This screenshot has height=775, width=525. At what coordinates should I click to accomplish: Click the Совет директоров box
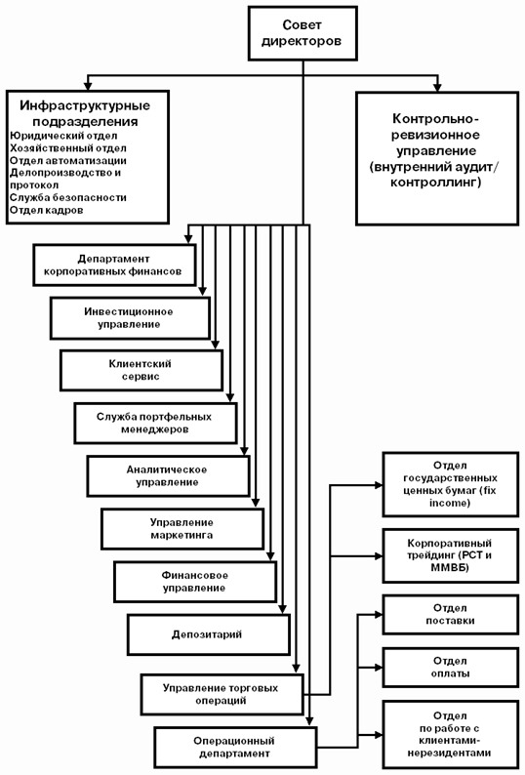tap(303, 33)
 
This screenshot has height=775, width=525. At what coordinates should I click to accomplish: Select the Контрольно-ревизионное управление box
tap(437, 158)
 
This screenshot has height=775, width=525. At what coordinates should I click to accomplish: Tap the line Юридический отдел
tap(63, 136)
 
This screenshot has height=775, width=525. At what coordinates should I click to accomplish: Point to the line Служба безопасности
tap(67, 197)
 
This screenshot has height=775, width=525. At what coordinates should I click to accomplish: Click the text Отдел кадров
tap(47, 210)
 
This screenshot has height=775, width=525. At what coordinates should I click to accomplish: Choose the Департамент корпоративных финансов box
tap(115, 265)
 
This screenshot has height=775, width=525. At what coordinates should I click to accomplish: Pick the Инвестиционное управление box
tap(131, 318)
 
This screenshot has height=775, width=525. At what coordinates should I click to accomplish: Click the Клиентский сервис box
tap(141, 370)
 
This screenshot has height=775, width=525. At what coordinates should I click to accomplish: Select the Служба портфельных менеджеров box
tap(156, 423)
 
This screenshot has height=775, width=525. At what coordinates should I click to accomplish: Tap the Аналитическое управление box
tap(169, 476)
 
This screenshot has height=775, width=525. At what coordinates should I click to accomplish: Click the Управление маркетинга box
tap(182, 529)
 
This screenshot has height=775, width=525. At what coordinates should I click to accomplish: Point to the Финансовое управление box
tap(195, 582)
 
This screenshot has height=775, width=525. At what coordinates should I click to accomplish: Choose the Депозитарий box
tap(209, 634)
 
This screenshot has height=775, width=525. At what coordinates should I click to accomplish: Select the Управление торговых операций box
tap(222, 694)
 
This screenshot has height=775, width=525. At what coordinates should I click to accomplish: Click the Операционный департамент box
tap(235, 747)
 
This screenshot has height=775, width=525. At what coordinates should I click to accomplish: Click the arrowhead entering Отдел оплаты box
tap(379, 668)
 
